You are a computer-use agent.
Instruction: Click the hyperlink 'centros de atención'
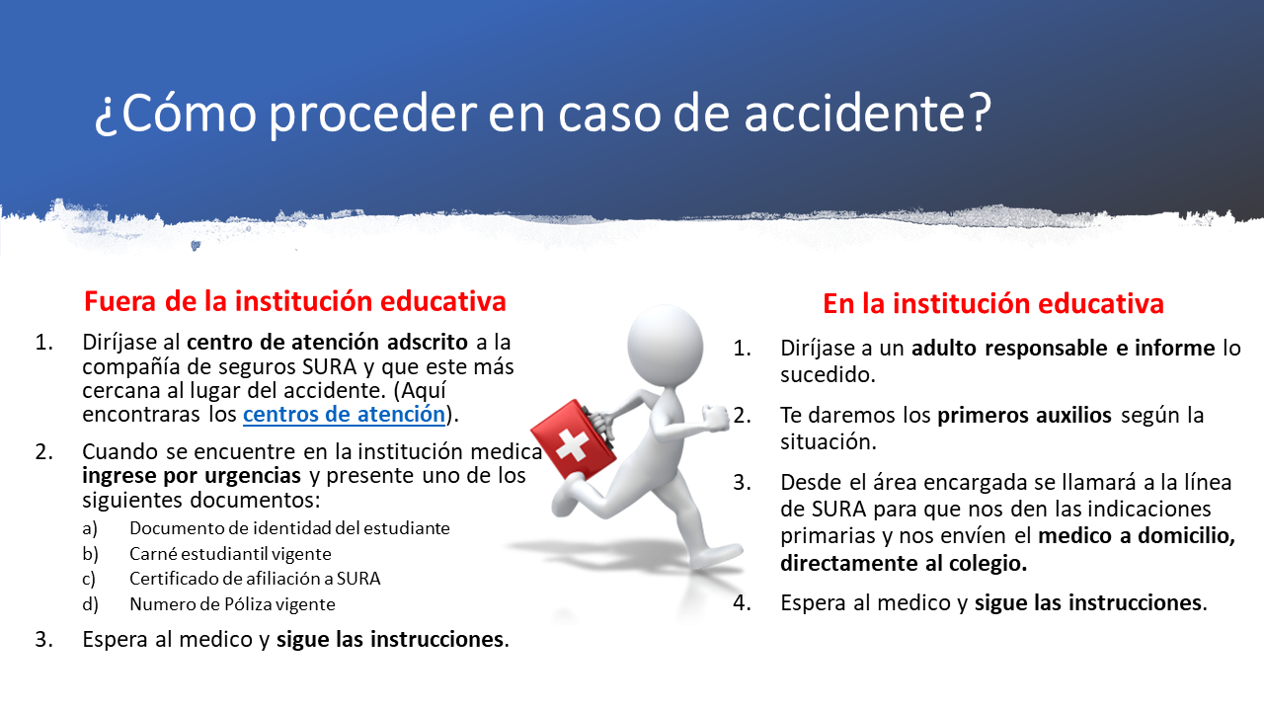coord(345,414)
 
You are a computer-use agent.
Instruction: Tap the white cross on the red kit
coord(572,445)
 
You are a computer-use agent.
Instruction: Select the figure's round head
coord(666,346)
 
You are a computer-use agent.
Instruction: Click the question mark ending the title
coord(978,112)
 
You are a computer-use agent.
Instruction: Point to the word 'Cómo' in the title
coord(189,113)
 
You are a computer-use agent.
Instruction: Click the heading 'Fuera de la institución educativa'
coord(294,301)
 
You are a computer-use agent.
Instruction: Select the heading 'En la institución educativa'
coord(993,303)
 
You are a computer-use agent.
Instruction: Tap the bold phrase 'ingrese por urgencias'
coord(192,476)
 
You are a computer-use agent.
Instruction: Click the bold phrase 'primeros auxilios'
coord(1024,416)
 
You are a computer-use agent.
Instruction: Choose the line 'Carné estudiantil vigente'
coord(230,554)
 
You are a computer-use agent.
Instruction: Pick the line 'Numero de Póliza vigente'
coord(232,604)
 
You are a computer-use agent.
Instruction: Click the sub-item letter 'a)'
coord(90,529)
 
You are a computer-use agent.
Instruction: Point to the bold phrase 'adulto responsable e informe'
coord(1064,349)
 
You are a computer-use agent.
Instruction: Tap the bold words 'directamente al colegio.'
coord(904,563)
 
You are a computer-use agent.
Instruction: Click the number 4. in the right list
coord(742,603)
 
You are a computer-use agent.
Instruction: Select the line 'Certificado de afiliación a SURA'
coord(255,579)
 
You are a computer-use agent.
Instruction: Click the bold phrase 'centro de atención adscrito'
coord(327,343)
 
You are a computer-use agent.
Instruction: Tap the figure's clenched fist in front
coord(716,419)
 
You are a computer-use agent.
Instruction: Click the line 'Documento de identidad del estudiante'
coord(289,528)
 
